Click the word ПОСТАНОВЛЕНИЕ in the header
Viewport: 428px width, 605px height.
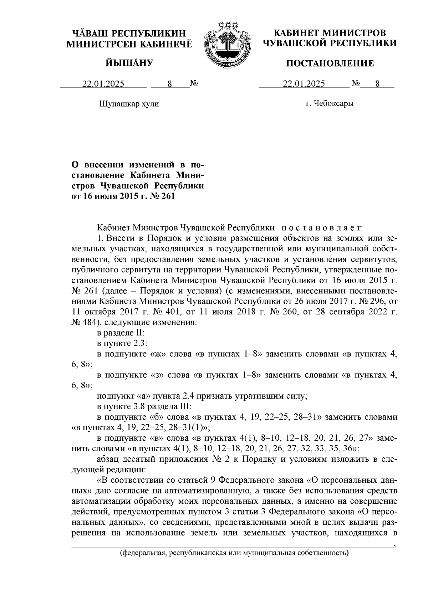click(330, 63)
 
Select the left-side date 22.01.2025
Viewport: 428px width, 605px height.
click(103, 84)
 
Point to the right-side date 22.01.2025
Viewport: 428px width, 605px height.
click(304, 84)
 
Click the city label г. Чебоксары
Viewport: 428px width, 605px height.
click(330, 104)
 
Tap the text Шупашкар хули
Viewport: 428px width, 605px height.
click(129, 104)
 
